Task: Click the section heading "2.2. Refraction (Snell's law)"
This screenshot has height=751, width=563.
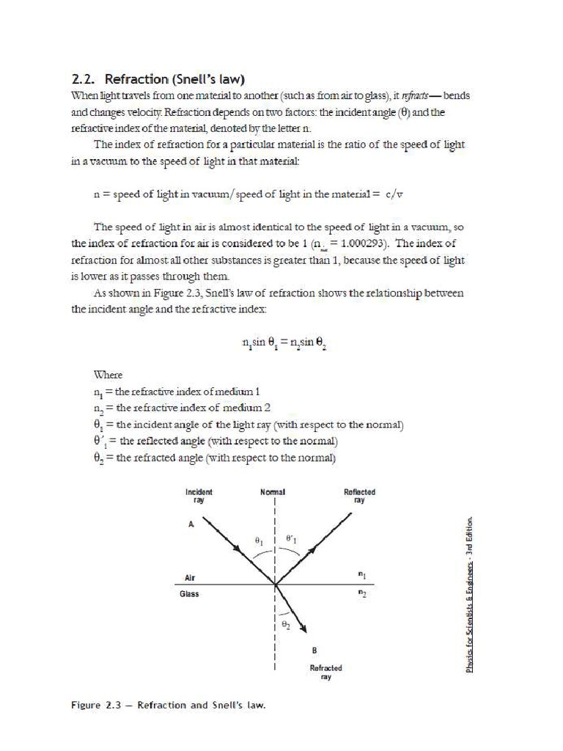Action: pyautogui.click(x=158, y=79)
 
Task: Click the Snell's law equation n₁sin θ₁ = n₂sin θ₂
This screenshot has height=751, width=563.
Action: pyautogui.click(x=284, y=342)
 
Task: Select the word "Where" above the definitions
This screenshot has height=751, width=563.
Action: pyautogui.click(x=108, y=374)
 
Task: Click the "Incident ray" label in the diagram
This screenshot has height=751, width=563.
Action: pyautogui.click(x=199, y=496)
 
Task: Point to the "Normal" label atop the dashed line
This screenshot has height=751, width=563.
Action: pyautogui.click(x=273, y=492)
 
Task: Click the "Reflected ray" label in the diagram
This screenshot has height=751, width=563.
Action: pyautogui.click(x=359, y=496)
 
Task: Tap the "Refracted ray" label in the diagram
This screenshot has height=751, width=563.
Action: pyautogui.click(x=325, y=673)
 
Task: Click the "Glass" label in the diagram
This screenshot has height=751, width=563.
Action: pyautogui.click(x=189, y=594)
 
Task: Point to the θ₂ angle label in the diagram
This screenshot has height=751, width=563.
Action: pyautogui.click(x=286, y=625)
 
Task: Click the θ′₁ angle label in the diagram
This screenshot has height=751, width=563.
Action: pyautogui.click(x=291, y=539)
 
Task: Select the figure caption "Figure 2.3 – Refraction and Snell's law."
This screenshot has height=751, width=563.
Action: pyautogui.click(x=168, y=706)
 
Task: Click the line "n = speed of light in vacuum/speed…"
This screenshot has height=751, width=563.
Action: pyautogui.click(x=249, y=194)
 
